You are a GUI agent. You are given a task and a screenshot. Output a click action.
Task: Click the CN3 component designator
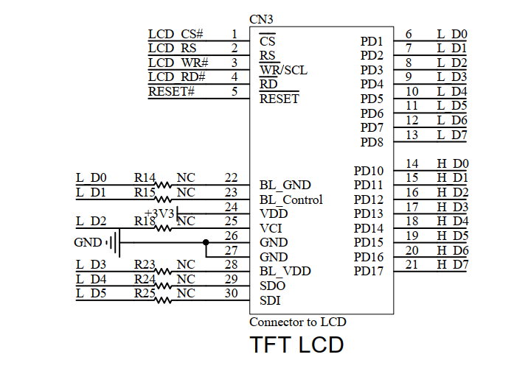click(x=263, y=19)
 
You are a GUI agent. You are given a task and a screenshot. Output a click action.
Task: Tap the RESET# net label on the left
click(x=171, y=91)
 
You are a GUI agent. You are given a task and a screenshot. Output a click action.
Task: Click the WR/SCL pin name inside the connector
click(x=283, y=70)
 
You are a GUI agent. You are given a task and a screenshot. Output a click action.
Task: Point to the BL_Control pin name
click(x=291, y=199)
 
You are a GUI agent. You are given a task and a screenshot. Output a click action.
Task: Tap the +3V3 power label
click(x=159, y=213)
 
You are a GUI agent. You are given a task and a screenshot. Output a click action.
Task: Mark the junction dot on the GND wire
click(x=206, y=242)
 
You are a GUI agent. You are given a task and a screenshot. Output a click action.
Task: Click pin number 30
click(x=231, y=293)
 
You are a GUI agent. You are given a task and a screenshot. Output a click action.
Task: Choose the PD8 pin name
click(x=372, y=142)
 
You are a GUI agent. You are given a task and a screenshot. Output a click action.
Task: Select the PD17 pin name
click(x=369, y=272)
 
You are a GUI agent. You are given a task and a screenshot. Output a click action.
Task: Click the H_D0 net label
click(x=452, y=163)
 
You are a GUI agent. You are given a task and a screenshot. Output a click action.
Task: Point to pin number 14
click(x=412, y=163)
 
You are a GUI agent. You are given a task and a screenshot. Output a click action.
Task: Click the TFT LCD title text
click(x=296, y=345)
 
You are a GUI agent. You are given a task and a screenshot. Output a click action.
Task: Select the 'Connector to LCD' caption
click(x=297, y=322)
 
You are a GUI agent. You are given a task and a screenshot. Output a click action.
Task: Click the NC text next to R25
click(x=186, y=293)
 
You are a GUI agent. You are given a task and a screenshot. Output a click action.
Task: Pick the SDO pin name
click(x=273, y=286)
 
